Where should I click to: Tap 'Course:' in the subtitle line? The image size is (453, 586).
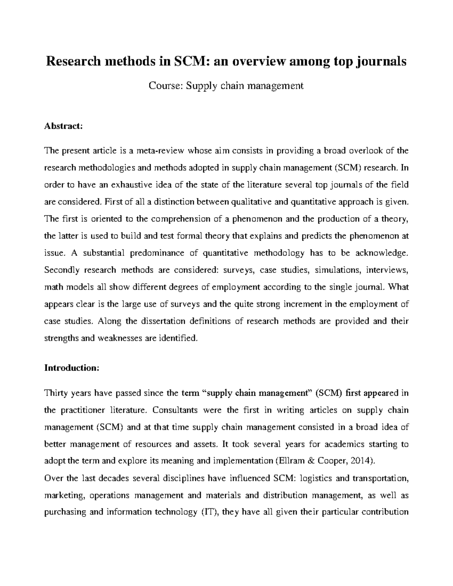coord(166,86)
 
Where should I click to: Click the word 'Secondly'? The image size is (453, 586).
coord(61,270)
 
